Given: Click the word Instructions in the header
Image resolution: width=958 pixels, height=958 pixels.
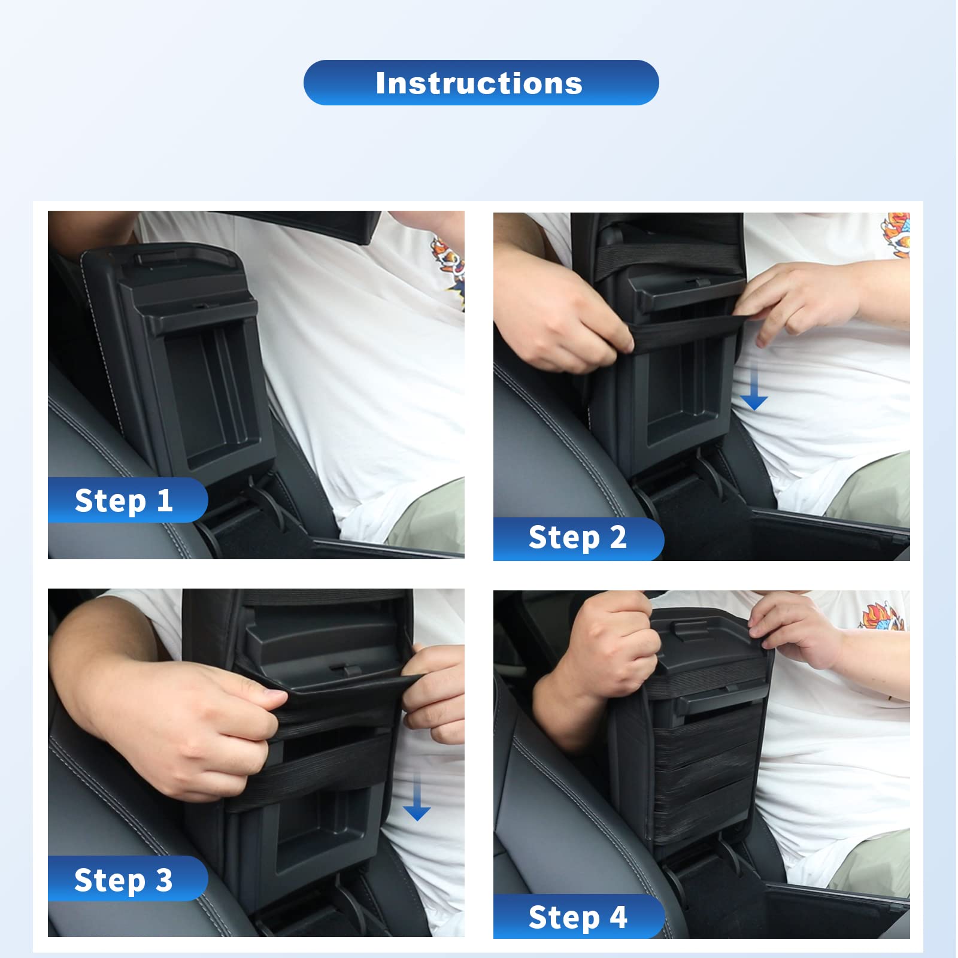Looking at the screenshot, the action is coord(479,83).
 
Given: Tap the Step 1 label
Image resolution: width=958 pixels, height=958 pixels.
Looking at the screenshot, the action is coord(124,501).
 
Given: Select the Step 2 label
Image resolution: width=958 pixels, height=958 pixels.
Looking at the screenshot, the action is coord(578,537).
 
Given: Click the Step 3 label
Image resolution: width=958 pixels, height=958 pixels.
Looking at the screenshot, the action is coord(124,880).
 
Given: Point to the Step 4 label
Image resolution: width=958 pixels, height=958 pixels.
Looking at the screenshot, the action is coord(578,917).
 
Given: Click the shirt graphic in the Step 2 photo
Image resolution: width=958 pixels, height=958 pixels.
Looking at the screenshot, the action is coord(896,235).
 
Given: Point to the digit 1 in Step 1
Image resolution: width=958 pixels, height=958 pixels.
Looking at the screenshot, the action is coord(165,500).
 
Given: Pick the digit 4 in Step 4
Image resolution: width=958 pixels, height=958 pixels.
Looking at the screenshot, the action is coord(619,917).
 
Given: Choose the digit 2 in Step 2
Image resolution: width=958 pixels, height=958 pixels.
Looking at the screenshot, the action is coord(618,536).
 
